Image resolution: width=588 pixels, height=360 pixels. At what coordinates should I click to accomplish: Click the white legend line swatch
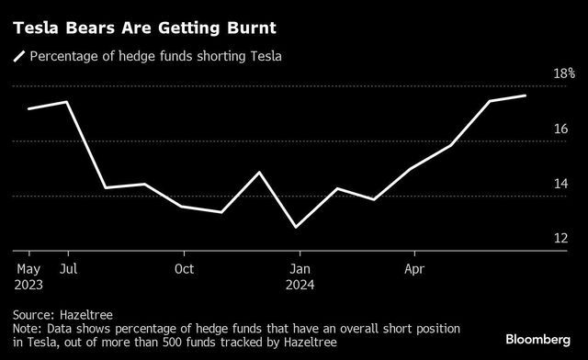click(17, 57)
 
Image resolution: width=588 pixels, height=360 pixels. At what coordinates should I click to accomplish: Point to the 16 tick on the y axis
click(560, 129)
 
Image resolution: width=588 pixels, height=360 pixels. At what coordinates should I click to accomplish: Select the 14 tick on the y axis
click(560, 185)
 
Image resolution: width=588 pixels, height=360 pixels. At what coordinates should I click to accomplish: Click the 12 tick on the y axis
click(560, 239)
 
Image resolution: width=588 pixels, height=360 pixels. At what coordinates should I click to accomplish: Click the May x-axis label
click(29, 269)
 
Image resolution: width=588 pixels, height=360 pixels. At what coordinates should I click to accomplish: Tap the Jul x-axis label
click(67, 269)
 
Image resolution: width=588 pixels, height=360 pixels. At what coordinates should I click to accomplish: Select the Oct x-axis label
click(184, 269)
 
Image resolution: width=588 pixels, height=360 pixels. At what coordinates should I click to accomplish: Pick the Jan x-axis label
click(299, 269)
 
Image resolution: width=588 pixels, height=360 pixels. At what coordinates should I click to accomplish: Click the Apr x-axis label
click(414, 269)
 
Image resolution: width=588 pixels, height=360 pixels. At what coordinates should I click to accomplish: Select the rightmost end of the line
click(526, 96)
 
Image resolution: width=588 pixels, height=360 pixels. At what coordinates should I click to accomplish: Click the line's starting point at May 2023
click(29, 108)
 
